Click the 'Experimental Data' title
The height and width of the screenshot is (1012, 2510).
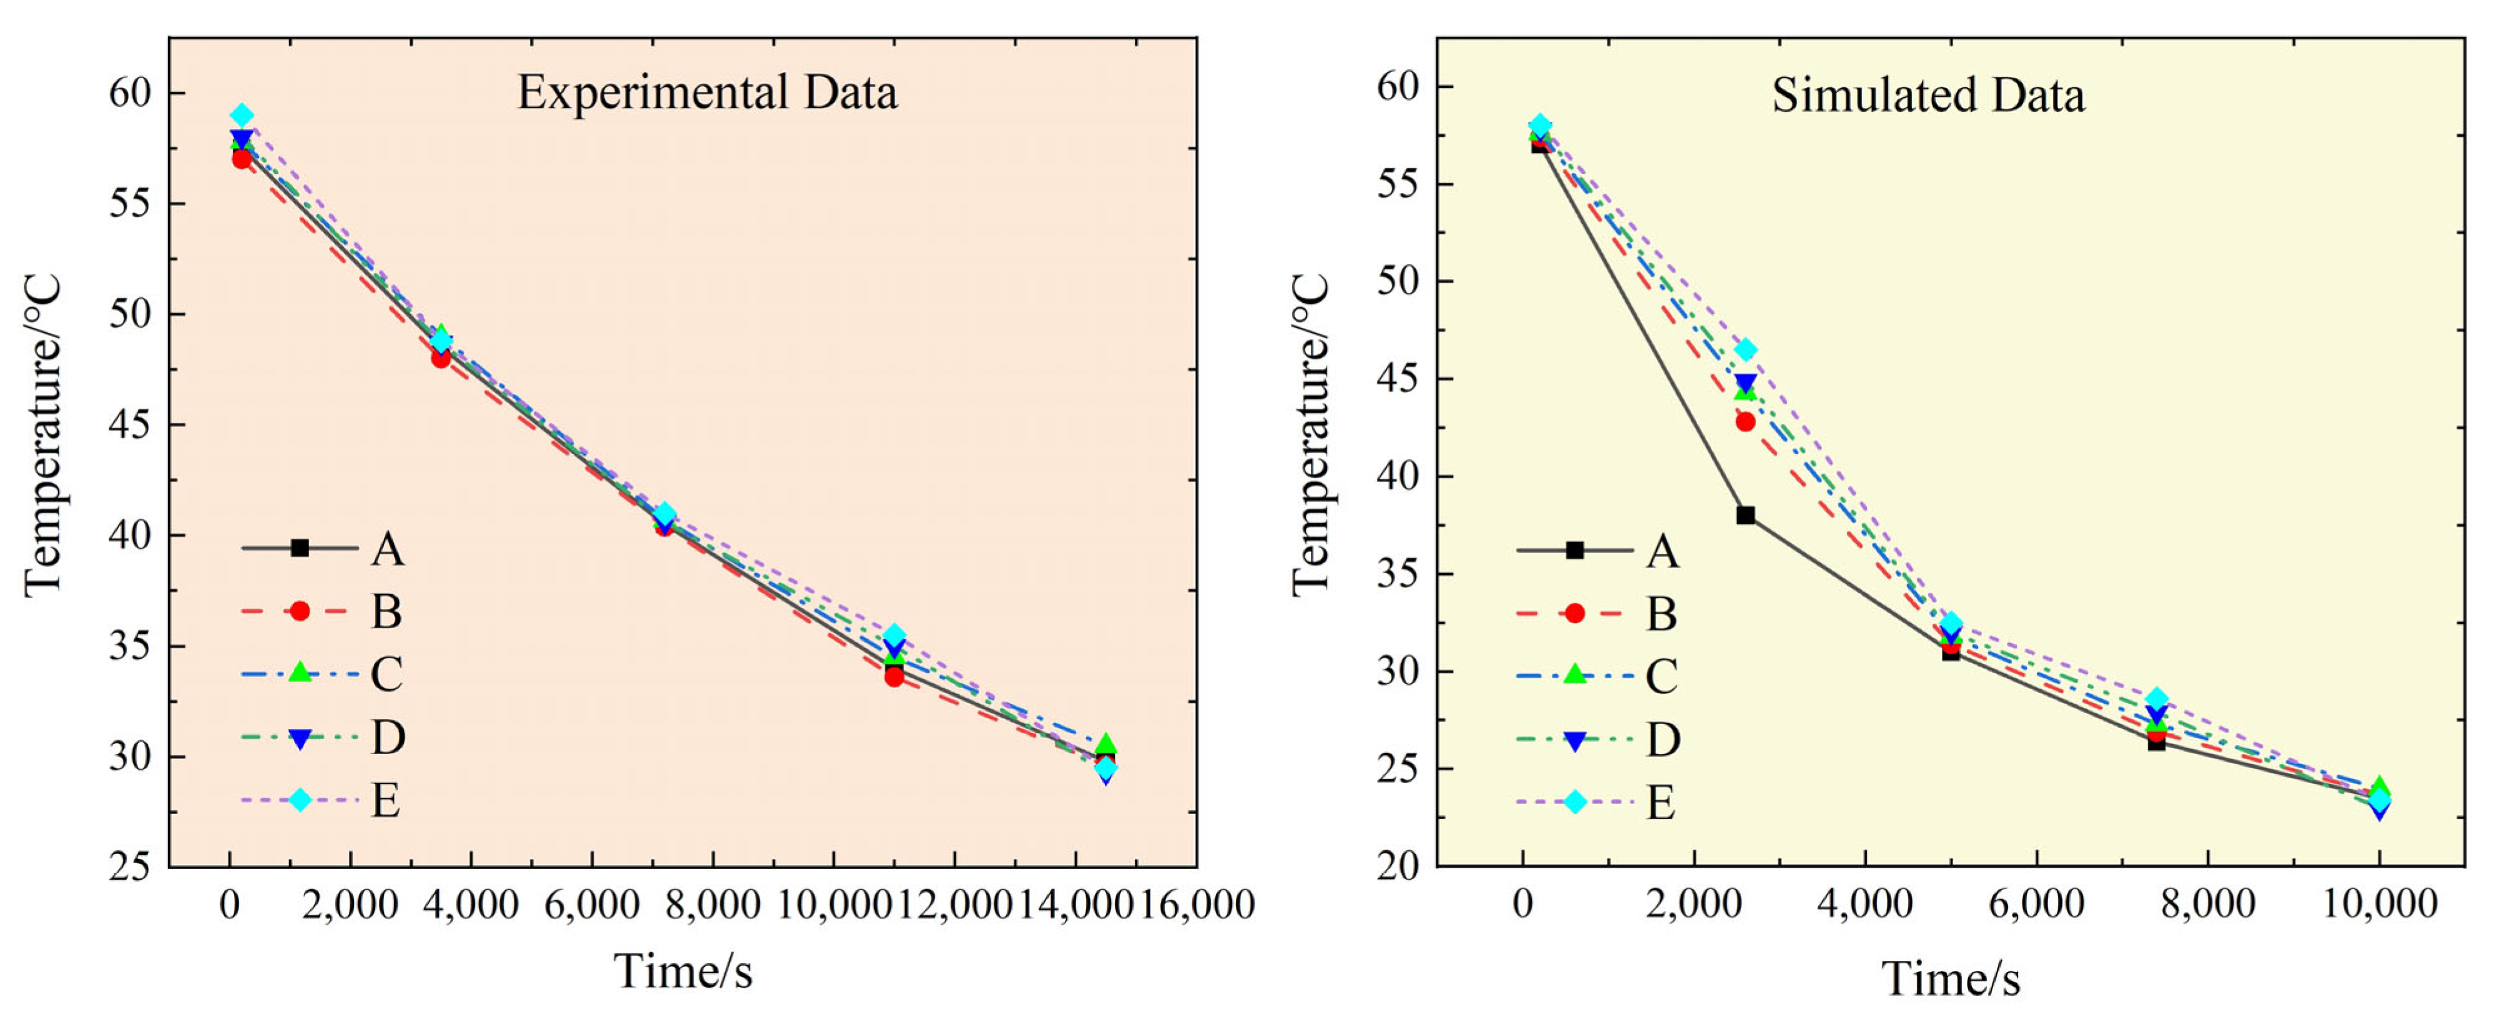[x=707, y=92]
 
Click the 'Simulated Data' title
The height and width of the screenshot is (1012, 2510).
[x=1928, y=96]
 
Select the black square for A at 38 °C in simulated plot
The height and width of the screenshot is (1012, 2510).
[x=1745, y=515]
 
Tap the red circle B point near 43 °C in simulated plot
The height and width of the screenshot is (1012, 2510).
[x=1745, y=421]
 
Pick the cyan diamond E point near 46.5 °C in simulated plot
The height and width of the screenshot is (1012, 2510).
[x=1746, y=349]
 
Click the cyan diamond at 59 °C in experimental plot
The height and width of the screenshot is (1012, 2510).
[x=242, y=115]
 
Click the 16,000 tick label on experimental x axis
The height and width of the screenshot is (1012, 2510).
[x=1197, y=905]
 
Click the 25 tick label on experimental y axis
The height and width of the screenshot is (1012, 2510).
[x=130, y=866]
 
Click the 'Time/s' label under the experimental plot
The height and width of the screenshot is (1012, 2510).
[x=683, y=971]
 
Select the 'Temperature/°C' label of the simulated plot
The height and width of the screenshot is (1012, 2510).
[x=1310, y=434]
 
